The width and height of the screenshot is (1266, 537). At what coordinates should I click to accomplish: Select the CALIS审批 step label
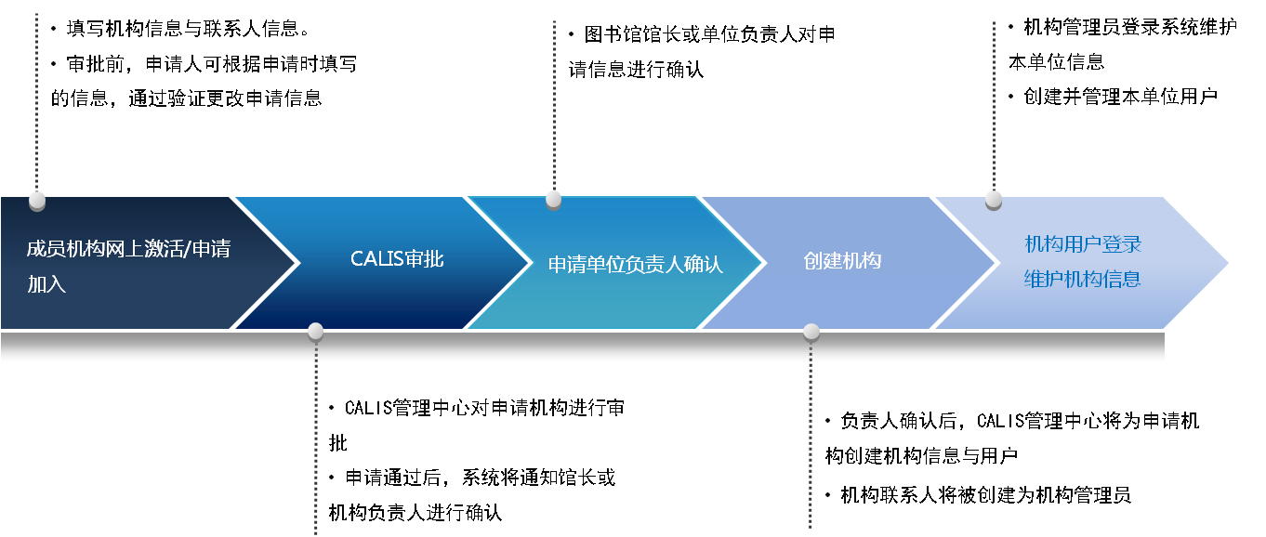397,259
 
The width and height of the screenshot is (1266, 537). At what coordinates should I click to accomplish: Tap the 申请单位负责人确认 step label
635,264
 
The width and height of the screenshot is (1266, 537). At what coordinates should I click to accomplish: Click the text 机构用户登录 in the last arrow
1083,244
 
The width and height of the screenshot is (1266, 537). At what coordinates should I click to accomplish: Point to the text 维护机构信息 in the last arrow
1083,279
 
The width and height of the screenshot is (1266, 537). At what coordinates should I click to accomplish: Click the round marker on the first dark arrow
37,200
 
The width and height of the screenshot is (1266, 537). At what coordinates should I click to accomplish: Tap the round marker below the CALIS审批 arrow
315,331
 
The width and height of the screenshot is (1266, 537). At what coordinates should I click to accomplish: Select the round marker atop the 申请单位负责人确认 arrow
554,198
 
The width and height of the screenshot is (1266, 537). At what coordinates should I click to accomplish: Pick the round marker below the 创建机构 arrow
811,331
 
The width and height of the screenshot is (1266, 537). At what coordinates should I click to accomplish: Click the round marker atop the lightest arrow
994,198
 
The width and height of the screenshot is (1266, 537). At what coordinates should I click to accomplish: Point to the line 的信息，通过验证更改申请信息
186,98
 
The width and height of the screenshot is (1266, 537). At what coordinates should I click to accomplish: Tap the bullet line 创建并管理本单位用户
1120,96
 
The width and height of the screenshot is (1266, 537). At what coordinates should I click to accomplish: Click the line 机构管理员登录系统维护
1129,26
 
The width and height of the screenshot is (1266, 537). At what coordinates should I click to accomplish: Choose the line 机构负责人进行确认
415,512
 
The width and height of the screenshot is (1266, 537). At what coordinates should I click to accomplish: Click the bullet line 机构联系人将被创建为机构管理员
985,494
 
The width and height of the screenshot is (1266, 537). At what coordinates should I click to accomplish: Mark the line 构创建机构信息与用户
921,456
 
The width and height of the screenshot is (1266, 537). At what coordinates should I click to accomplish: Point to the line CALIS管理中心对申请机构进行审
483,408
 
